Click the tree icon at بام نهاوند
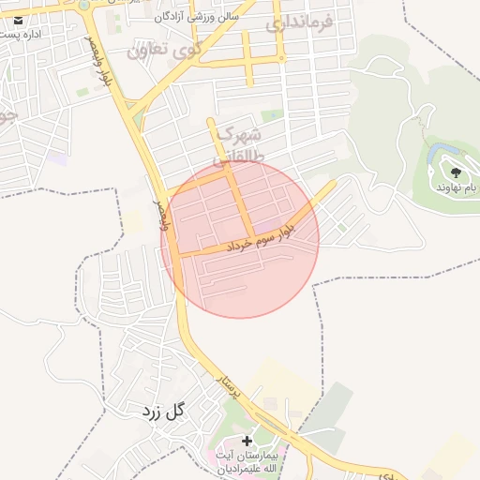point(456,172)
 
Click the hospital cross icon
point(247,441)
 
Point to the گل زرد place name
point(164,411)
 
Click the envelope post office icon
point(19,20)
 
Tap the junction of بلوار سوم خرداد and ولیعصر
point(176,254)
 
